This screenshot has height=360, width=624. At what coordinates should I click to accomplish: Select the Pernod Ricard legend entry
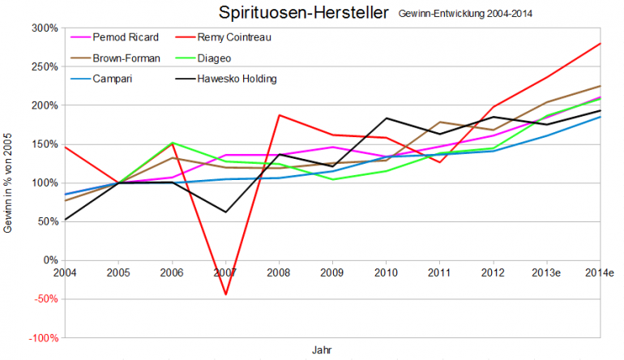(x=125, y=37)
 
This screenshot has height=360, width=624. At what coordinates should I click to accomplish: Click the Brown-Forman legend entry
(x=126, y=58)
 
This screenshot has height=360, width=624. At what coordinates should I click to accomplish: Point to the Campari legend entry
(x=113, y=79)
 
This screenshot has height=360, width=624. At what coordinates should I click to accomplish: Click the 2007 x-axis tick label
(x=225, y=272)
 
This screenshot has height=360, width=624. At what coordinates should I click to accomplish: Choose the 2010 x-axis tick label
(x=386, y=272)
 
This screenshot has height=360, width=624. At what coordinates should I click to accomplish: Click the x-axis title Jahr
(x=322, y=349)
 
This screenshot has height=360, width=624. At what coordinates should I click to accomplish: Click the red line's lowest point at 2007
(x=225, y=294)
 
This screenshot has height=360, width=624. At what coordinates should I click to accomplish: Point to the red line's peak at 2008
(x=279, y=115)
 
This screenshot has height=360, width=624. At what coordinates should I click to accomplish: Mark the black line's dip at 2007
(x=225, y=212)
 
